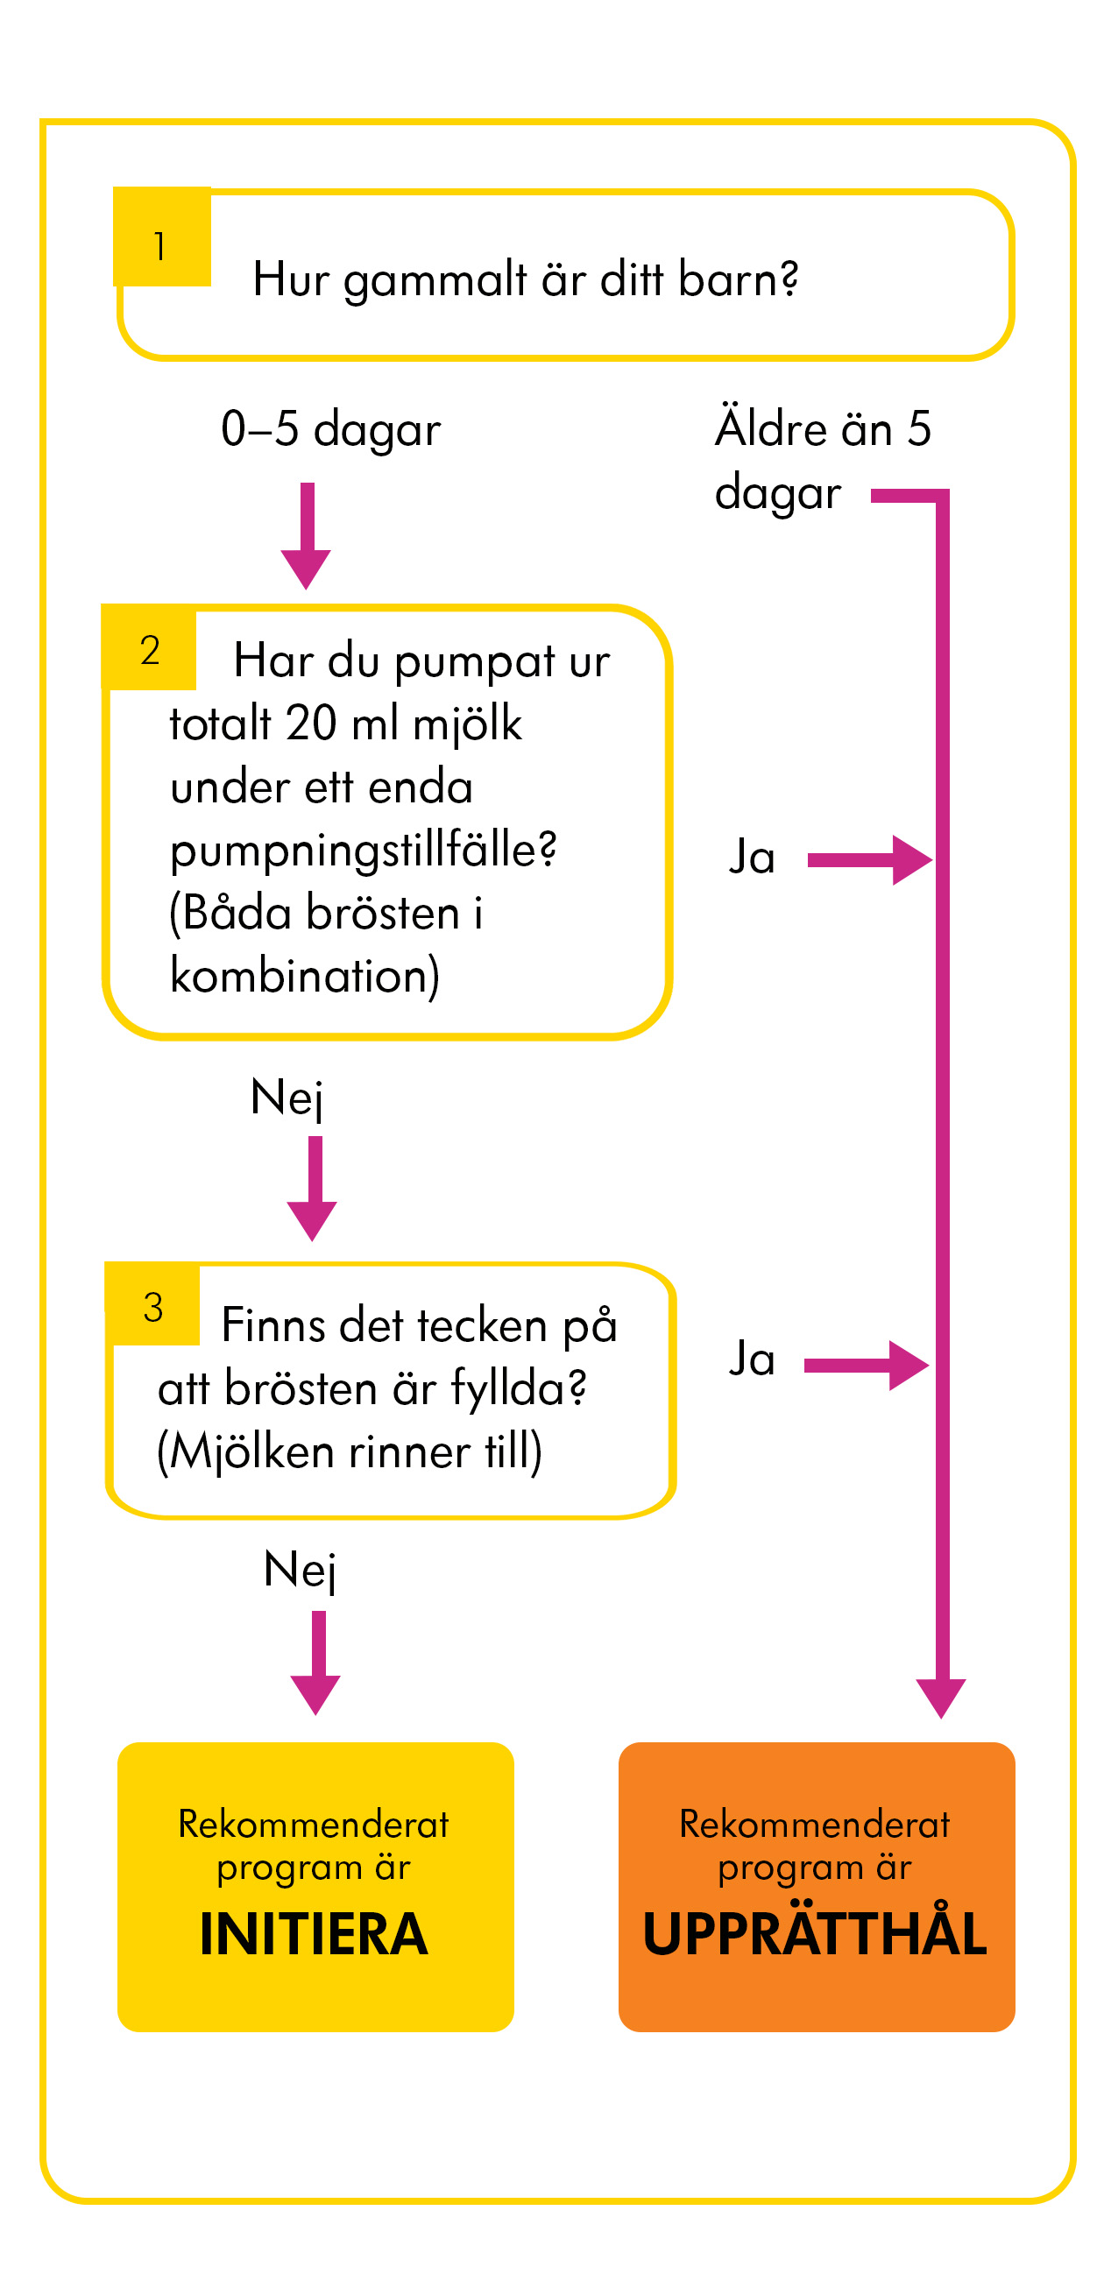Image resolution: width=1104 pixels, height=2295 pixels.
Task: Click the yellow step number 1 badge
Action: coord(162,237)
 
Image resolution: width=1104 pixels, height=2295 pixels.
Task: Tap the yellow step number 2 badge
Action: coord(149,647)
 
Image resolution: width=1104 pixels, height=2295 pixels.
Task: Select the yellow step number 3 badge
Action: coord(152,1303)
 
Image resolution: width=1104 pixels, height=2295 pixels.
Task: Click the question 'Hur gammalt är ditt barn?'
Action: coord(525,280)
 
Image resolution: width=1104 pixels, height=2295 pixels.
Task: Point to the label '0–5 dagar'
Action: coord(330,429)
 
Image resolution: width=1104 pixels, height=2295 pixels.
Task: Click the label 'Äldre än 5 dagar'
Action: coord(823,461)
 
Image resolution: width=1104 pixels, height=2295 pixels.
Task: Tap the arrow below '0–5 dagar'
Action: coord(307,535)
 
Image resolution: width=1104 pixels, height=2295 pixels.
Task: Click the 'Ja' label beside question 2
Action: coord(752,857)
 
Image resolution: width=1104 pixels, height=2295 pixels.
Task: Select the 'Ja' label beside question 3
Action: coord(752,1359)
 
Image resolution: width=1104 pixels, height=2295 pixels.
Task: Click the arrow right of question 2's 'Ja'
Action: coord(870,859)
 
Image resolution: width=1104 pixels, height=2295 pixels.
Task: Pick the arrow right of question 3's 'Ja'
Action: coord(866,1365)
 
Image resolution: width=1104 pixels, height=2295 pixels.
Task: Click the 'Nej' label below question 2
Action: coord(287,1098)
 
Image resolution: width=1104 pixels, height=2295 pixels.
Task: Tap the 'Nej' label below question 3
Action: coord(301,1570)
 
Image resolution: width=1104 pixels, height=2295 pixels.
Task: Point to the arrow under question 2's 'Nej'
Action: coord(312,1189)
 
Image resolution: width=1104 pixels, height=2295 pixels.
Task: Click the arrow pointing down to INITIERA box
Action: coord(315,1663)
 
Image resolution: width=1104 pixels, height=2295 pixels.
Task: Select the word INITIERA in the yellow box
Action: coord(314,1933)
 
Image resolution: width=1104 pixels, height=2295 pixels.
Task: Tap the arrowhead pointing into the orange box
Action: coord(941,1698)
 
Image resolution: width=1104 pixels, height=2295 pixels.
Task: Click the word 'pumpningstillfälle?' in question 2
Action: coord(364,850)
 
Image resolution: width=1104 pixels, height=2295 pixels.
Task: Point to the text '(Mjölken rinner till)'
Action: coord(350,1452)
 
